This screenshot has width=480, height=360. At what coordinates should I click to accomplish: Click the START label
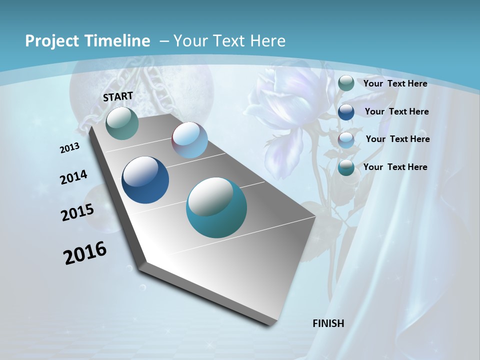[x=118, y=96]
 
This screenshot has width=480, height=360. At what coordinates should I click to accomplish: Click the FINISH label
[x=328, y=323]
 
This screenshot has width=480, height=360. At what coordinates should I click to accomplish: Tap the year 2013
[x=69, y=148]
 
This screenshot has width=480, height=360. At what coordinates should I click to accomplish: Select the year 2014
[x=73, y=177]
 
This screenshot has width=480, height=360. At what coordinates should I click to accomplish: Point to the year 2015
[x=77, y=212]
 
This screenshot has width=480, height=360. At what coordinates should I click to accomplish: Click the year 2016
[x=85, y=253]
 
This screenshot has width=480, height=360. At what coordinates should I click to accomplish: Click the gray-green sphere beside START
[x=122, y=123]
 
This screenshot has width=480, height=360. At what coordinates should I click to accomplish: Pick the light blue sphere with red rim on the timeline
[x=189, y=140]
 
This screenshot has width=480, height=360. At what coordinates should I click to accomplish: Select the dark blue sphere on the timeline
[x=145, y=180]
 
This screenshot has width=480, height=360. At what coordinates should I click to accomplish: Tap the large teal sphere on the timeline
[x=216, y=207]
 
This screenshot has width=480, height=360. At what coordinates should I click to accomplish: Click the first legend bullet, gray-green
[x=346, y=83]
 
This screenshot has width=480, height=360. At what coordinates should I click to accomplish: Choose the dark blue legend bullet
[x=346, y=111]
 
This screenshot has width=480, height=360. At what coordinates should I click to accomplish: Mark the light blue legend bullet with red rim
[x=346, y=139]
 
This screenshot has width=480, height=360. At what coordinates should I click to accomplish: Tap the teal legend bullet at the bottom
[x=346, y=167]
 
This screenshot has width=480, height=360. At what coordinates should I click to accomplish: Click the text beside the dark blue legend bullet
[x=396, y=111]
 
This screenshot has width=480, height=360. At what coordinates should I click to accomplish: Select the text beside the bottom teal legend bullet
[x=395, y=167]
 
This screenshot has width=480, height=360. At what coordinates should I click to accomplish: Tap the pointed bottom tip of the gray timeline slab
[x=270, y=324]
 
